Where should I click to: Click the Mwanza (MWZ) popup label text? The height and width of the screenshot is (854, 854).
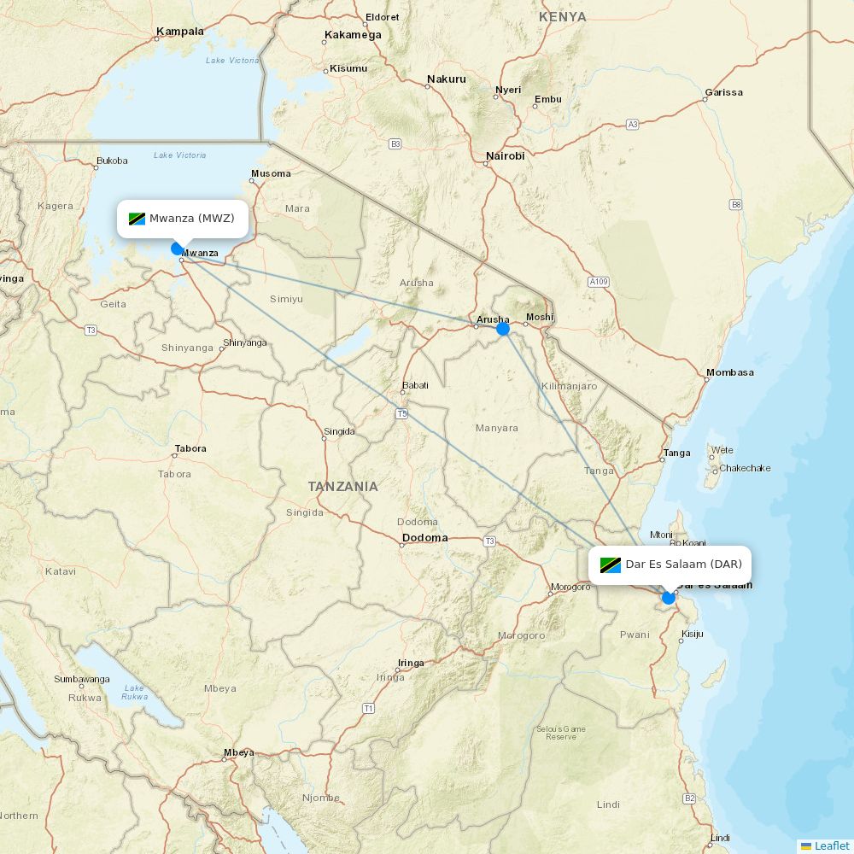[191, 219]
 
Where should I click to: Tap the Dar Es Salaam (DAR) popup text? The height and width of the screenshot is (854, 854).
[683, 564]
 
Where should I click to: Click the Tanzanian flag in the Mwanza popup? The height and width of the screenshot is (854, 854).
[137, 219]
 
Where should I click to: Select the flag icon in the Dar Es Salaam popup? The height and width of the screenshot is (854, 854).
[610, 564]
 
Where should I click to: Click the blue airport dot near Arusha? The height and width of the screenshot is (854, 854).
[503, 329]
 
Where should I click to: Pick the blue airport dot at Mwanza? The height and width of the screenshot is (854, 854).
[178, 249]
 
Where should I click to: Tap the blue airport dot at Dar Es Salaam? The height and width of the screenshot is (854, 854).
[669, 598]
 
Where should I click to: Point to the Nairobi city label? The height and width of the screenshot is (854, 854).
[505, 156]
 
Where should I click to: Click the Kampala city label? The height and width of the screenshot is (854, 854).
[180, 32]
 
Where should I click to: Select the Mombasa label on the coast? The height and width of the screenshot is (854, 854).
[730, 372]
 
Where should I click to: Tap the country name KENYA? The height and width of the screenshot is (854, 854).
[563, 17]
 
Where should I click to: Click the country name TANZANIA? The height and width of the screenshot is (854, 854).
[342, 486]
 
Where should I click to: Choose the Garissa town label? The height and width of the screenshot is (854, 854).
[723, 92]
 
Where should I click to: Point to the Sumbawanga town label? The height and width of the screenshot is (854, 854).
[82, 679]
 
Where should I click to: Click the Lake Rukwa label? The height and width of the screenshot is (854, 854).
[134, 692]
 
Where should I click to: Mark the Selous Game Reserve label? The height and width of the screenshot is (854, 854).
[561, 733]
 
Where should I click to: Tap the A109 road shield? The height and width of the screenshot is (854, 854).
[599, 281]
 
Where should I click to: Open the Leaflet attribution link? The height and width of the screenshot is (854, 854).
[831, 845]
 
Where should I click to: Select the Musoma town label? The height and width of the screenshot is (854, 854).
[271, 173]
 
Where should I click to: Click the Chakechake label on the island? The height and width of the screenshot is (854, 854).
[745, 468]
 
